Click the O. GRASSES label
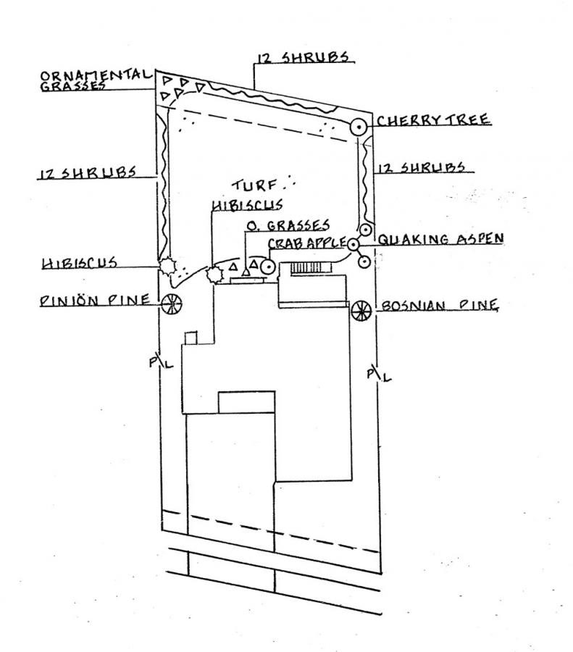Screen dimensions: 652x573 (288, 225)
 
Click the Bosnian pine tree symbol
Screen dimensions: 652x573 (361, 311)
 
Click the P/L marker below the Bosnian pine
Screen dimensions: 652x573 (378, 372)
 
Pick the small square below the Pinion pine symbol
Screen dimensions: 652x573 (191, 338)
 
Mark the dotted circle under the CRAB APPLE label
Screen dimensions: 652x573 (268, 267)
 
